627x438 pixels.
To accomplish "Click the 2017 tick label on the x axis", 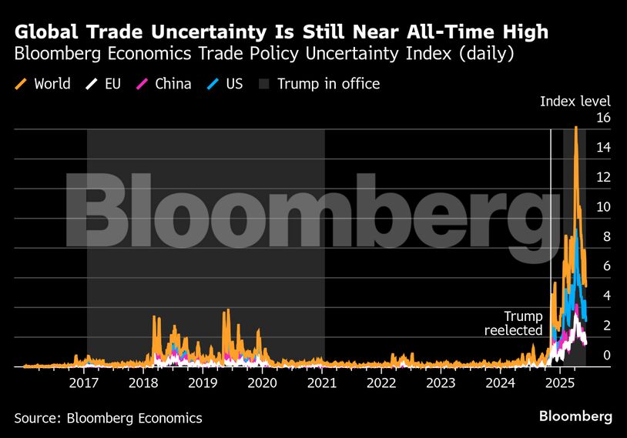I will (x=83, y=383).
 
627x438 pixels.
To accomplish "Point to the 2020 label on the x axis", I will (x=263, y=383).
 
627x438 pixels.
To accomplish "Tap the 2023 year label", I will (x=441, y=383).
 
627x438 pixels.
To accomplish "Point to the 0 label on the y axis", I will (x=606, y=356).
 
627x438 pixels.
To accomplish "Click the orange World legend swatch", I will (x=21, y=83).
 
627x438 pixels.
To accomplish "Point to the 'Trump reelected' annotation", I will (x=513, y=323).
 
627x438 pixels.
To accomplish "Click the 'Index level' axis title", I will (x=575, y=102).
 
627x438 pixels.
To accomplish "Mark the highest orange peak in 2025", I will (x=575, y=128).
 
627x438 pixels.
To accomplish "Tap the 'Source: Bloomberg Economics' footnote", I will (x=108, y=418).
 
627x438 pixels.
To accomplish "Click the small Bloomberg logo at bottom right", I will (x=575, y=416).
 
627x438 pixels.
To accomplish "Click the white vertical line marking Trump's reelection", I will (x=551, y=231).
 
